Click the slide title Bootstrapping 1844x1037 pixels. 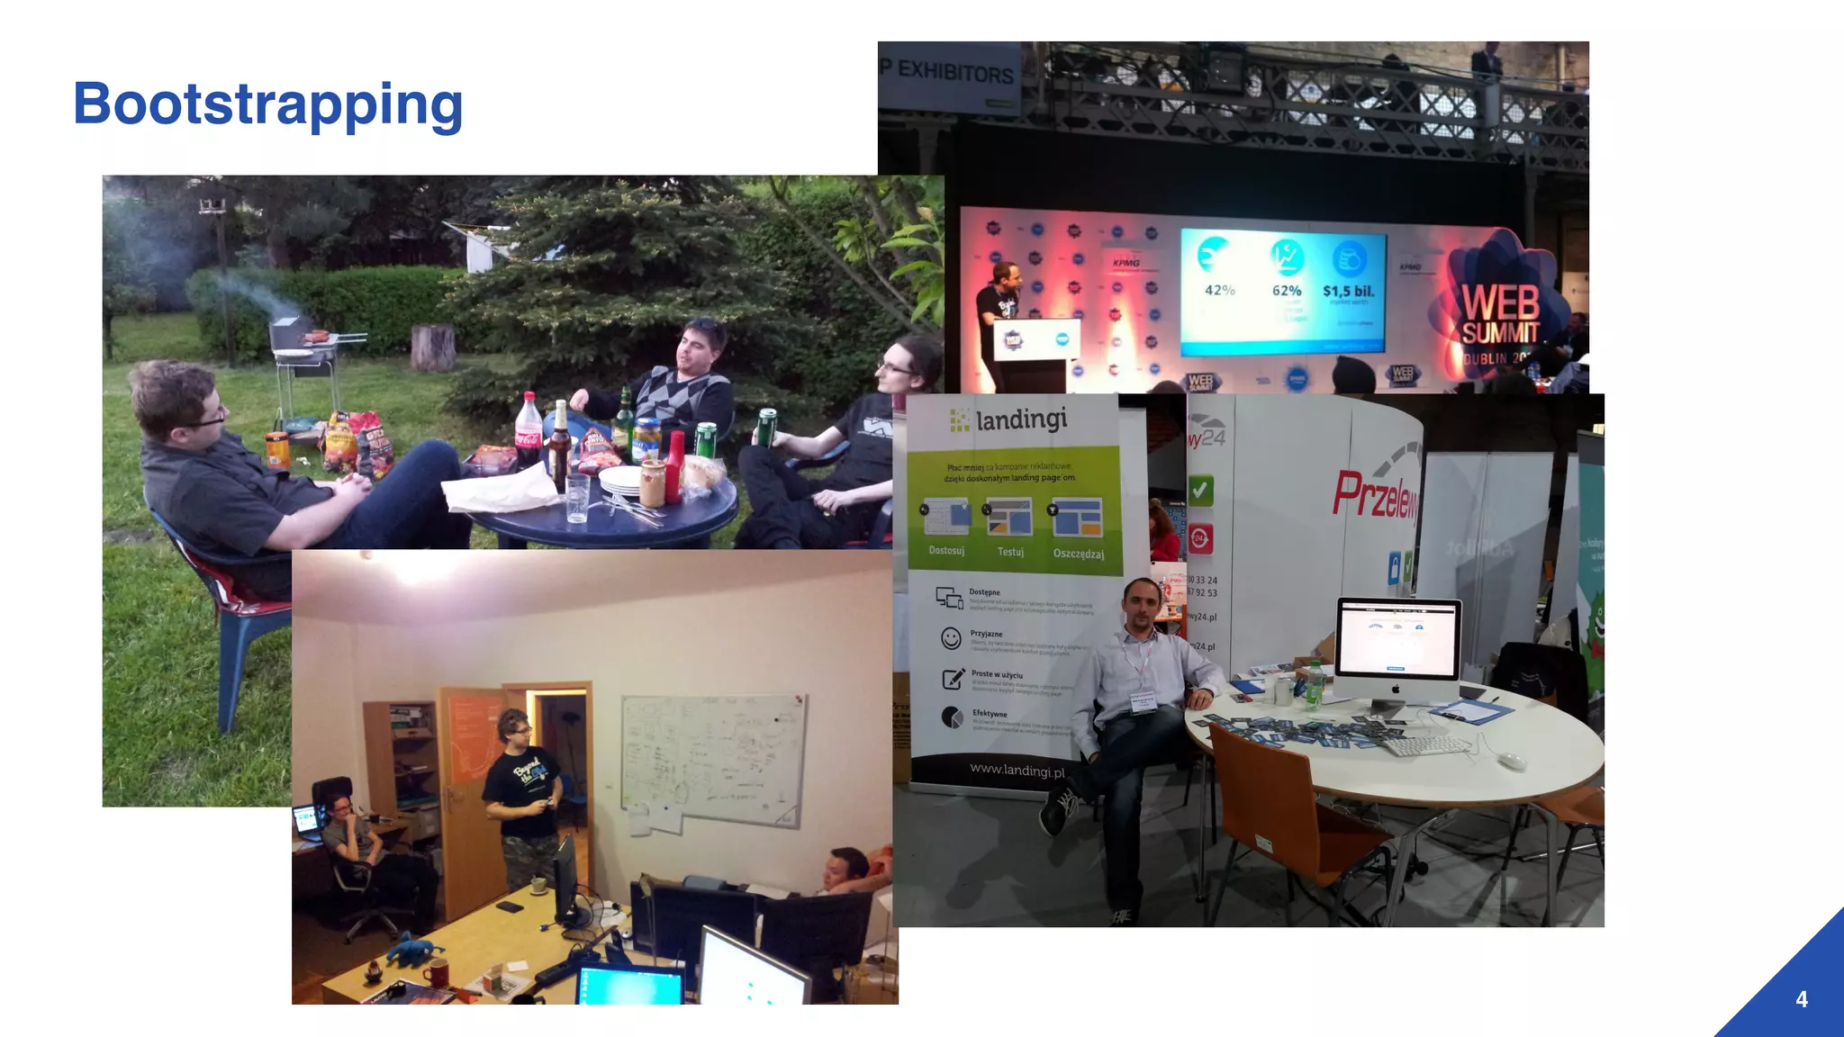267,104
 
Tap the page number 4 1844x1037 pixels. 1801,999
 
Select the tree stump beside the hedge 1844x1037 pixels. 432,347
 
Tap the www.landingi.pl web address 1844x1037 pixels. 1017,771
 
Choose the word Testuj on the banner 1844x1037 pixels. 1010,552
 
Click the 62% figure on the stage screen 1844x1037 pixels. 1286,291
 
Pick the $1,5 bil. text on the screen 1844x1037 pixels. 1348,291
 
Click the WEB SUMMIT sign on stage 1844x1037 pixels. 1500,315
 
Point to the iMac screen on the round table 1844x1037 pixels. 1397,639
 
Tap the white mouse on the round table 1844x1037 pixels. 1512,761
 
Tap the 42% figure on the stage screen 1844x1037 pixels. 1219,291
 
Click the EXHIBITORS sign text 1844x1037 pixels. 954,72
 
